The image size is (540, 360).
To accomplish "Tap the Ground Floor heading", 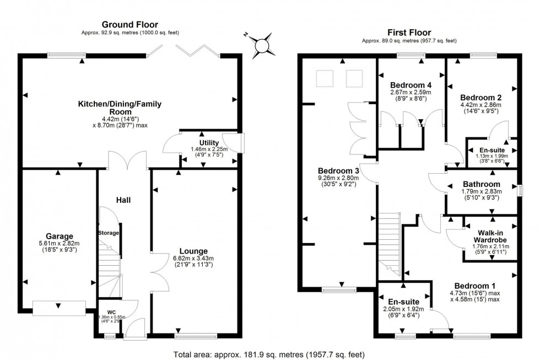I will tap(130, 24).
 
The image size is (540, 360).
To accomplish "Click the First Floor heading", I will tap(409, 33).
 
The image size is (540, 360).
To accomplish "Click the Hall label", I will tap(123, 200).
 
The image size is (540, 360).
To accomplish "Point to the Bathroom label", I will tap(482, 184).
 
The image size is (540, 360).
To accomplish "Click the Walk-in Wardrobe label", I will tap(490, 235).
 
